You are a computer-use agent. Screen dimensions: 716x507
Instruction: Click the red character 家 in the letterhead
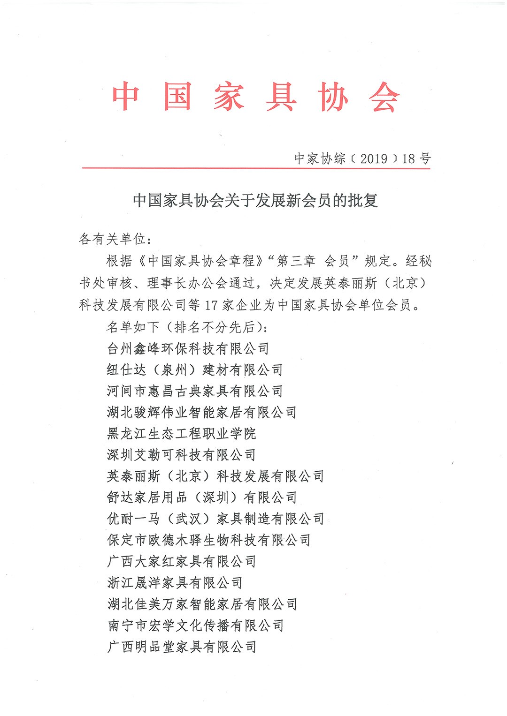pyautogui.click(x=229, y=97)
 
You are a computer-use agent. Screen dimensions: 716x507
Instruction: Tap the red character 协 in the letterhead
pyautogui.click(x=333, y=97)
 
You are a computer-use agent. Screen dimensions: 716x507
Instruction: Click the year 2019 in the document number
pyautogui.click(x=374, y=158)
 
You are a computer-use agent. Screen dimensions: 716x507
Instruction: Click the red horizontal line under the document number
pyautogui.click(x=256, y=168)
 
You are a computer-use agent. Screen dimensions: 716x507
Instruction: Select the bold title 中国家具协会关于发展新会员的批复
pyautogui.click(x=255, y=201)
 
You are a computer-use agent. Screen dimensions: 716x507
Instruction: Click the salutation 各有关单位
pyautogui.click(x=113, y=239)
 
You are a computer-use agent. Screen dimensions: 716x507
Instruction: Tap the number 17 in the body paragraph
pyautogui.click(x=212, y=305)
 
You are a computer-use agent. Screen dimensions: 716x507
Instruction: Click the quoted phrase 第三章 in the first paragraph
pyautogui.click(x=296, y=261)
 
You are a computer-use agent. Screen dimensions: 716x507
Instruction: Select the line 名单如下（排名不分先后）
pyautogui.click(x=187, y=327)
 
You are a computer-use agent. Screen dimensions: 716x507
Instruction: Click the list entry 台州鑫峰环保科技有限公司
pyautogui.click(x=188, y=348)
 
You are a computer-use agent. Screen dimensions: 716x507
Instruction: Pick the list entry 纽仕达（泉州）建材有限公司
pyautogui.click(x=195, y=369)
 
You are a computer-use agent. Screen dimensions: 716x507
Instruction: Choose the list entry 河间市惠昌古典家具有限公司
pyautogui.click(x=195, y=391)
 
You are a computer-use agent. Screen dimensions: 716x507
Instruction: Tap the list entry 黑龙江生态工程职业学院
pyautogui.click(x=181, y=433)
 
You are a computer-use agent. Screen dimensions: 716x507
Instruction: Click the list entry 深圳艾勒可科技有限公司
pyautogui.click(x=181, y=455)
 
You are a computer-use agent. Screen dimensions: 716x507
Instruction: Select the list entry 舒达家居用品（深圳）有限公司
pyautogui.click(x=202, y=497)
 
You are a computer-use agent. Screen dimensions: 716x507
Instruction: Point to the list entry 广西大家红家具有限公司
pyautogui.click(x=181, y=561)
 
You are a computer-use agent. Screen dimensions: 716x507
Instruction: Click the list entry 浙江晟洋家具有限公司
pyautogui.click(x=175, y=582)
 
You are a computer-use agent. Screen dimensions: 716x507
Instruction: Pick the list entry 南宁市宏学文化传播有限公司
pyautogui.click(x=195, y=625)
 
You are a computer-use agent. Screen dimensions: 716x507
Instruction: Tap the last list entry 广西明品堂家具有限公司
pyautogui.click(x=181, y=647)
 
